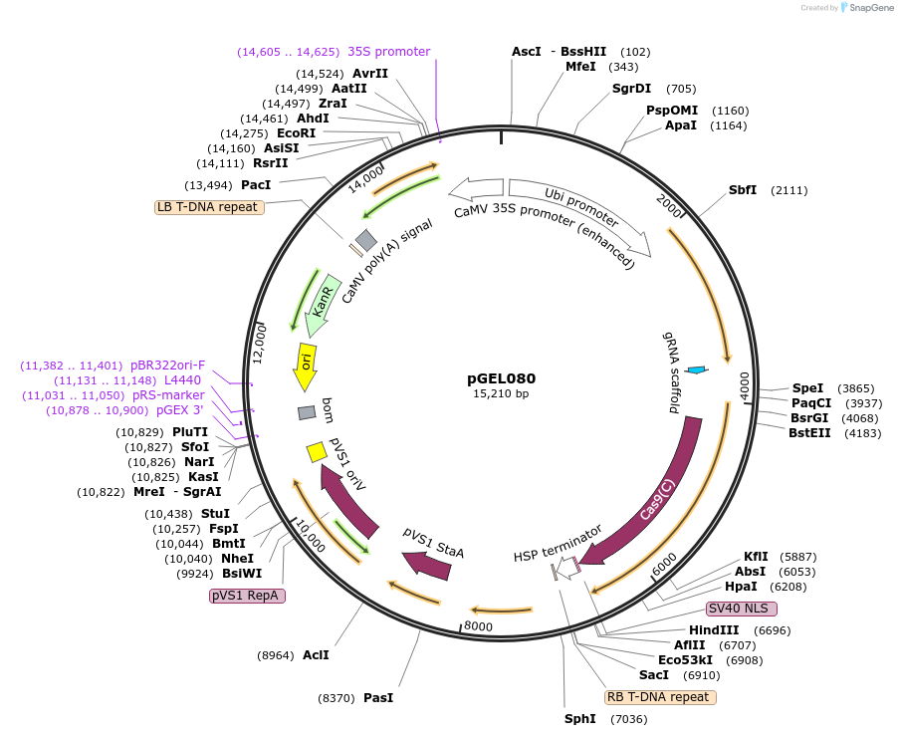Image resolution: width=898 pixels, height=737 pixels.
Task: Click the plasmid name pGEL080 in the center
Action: click(501, 378)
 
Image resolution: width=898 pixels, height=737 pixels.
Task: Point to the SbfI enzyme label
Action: click(743, 190)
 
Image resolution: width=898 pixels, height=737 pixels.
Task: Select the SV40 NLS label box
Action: click(742, 609)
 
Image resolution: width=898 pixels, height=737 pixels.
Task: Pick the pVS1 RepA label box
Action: click(247, 596)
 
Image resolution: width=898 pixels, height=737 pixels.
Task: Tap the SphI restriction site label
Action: click(579, 719)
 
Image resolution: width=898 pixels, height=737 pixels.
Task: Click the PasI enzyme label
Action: click(378, 698)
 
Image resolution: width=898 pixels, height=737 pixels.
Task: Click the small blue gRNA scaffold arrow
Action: click(697, 370)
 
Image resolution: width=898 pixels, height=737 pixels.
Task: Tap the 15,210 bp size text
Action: click(501, 394)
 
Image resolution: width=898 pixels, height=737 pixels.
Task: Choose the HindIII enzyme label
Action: click(714, 630)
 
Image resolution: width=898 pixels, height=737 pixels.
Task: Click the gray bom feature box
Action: click(307, 412)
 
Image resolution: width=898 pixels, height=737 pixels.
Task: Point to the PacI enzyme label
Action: click(256, 185)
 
